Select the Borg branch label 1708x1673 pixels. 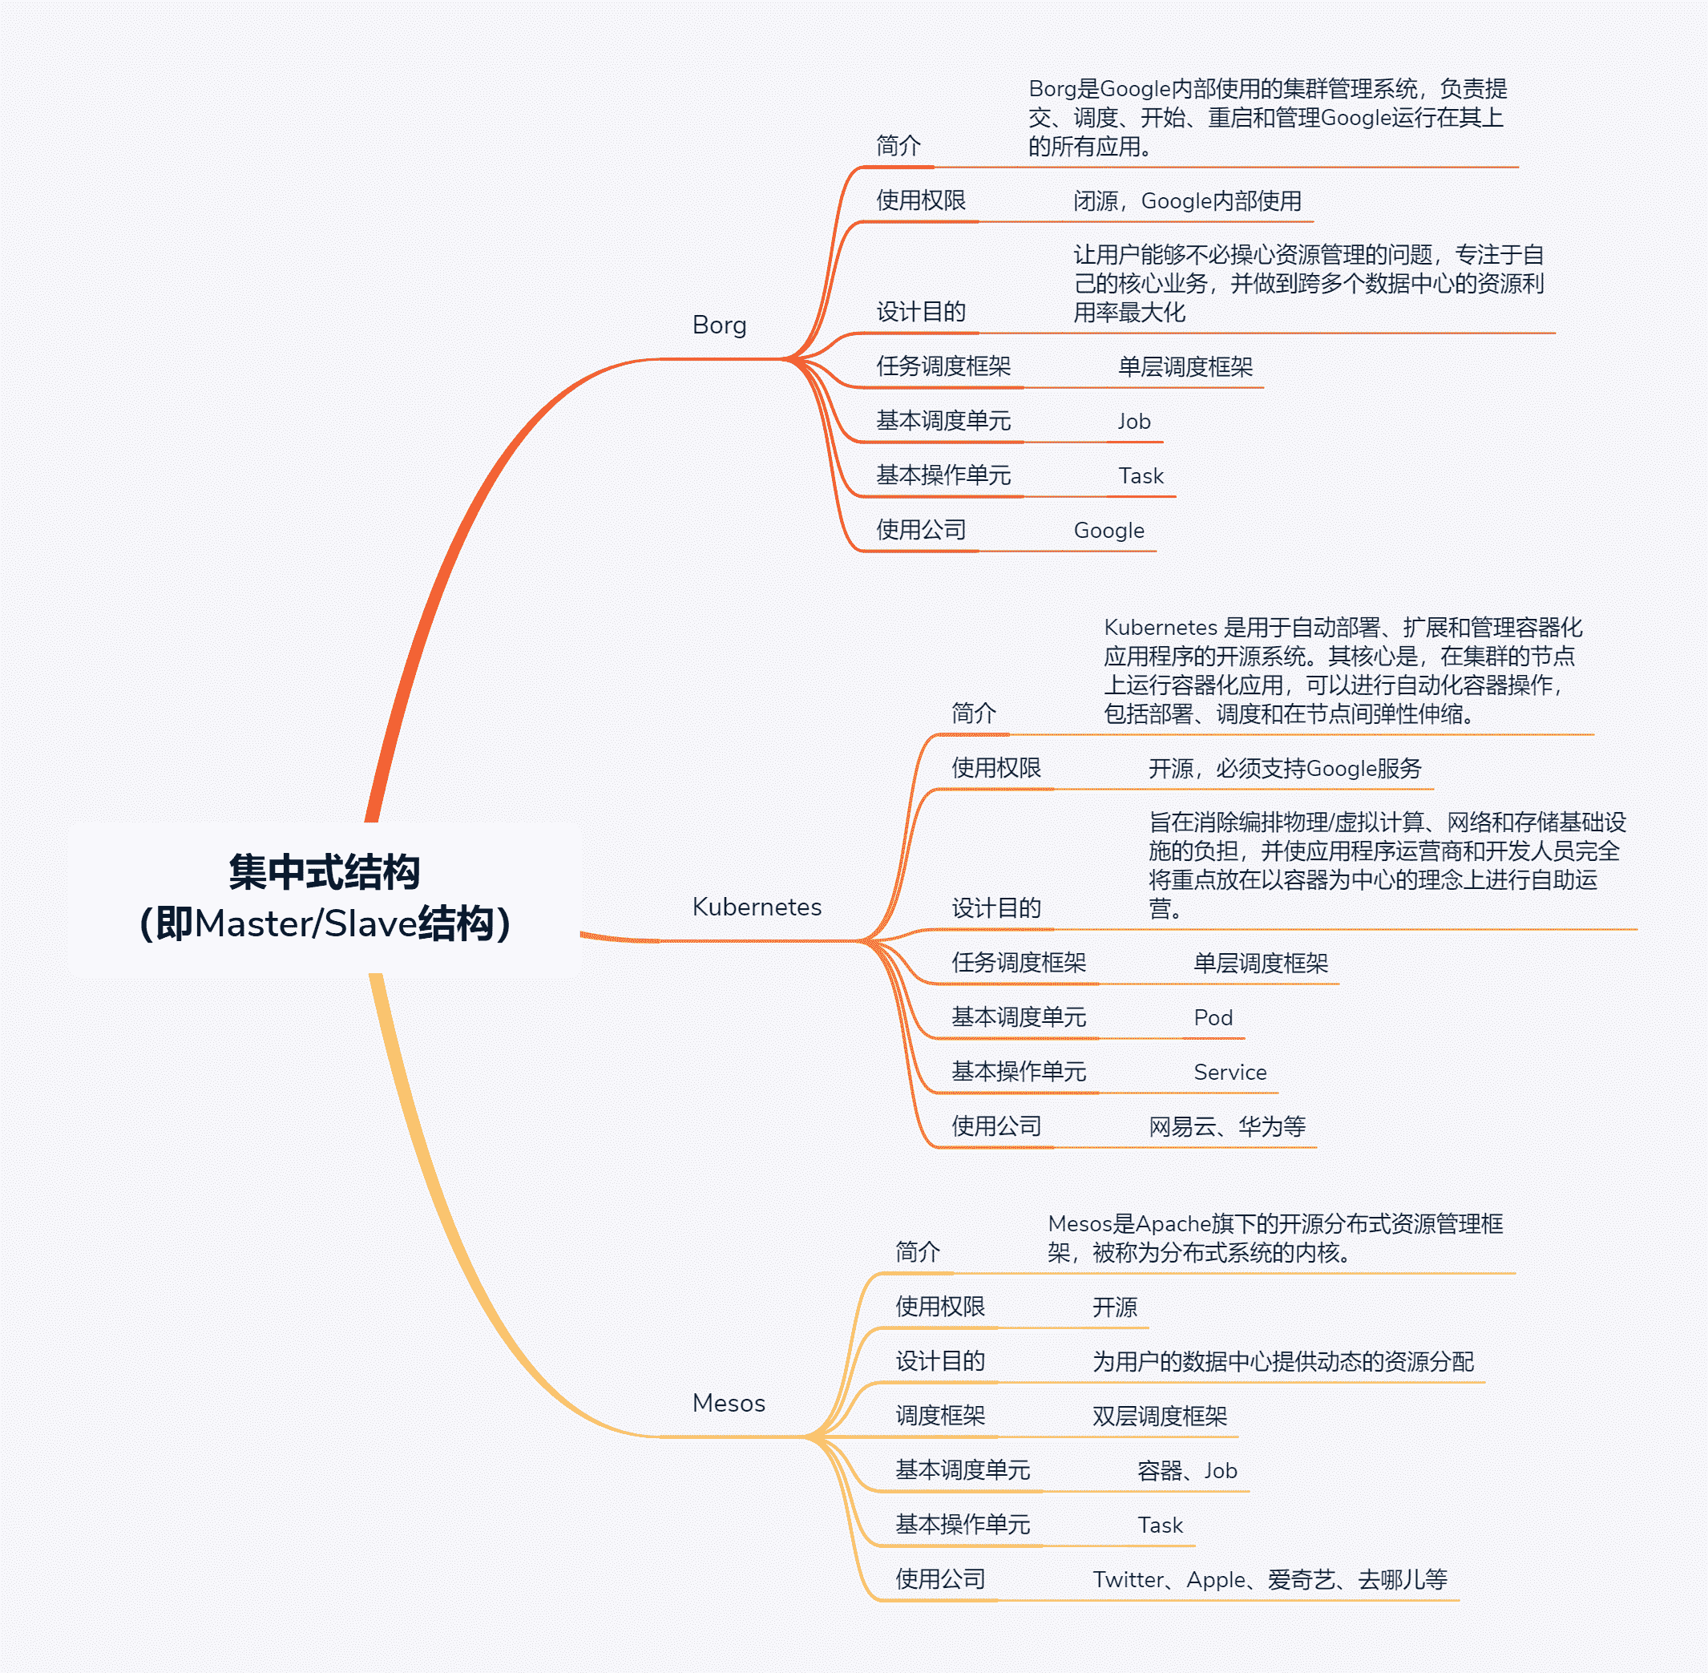click(719, 325)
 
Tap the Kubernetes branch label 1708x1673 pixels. click(757, 907)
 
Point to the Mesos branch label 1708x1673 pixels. click(729, 1403)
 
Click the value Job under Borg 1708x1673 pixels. click(1133, 422)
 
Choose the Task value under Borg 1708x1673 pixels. click(1141, 476)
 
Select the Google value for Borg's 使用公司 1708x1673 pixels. click(1108, 531)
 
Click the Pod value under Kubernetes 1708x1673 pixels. click(1213, 1017)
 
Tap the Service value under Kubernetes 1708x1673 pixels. click(1230, 1072)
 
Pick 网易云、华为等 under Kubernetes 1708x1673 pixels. click(1226, 1126)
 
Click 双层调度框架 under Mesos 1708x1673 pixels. click(1159, 1416)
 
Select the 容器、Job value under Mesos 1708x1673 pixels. click(1186, 1471)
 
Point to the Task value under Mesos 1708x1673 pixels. click(1160, 1526)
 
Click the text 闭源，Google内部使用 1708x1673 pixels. click(1187, 201)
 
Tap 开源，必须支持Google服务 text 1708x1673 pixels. click(1285, 769)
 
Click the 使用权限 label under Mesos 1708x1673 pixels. click(940, 1307)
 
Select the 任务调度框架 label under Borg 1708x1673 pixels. click(943, 366)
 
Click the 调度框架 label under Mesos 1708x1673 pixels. click(940, 1416)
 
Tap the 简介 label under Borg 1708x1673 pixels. click(898, 146)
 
